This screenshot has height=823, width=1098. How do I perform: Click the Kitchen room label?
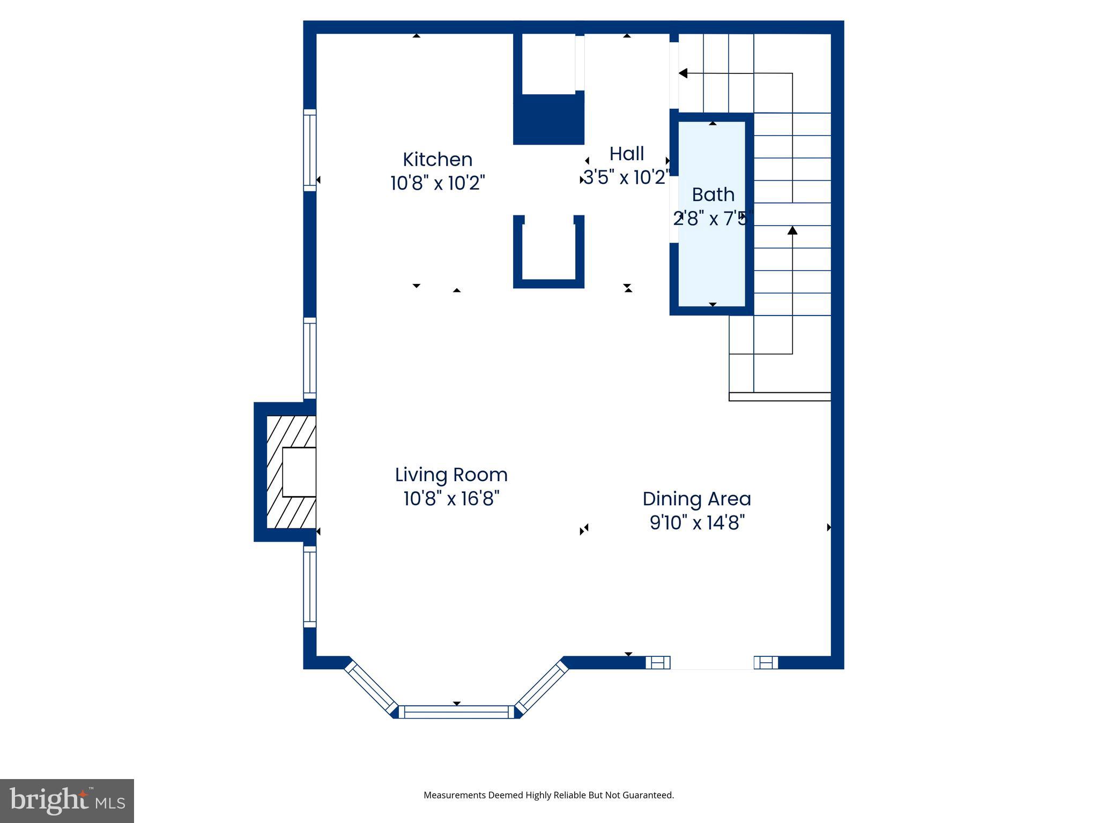pos(437,160)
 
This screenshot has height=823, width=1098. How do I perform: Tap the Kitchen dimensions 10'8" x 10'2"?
pos(437,183)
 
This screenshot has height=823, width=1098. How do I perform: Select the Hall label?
pos(626,154)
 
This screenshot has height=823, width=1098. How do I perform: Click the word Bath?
pos(713,195)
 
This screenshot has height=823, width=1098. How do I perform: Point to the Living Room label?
pos(451,475)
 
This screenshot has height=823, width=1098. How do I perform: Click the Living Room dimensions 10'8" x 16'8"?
pos(451,499)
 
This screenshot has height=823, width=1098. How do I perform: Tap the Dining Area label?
pos(696,499)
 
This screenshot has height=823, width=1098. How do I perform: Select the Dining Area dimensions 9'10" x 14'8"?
pos(696,522)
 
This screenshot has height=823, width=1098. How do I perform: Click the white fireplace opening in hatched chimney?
pos(299,472)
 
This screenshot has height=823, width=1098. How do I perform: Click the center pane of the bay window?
pos(456,712)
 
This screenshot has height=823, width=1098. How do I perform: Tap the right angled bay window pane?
pos(542,688)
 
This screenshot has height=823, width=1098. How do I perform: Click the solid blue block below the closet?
pos(548,119)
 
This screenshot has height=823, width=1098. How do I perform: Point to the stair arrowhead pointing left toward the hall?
pos(683,73)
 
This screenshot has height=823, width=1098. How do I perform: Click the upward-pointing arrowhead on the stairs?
pos(792,230)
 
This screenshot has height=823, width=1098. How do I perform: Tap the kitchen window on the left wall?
pos(309,150)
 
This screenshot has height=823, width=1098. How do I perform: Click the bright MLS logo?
pos(67,800)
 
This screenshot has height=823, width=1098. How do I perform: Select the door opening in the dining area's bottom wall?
pos(712,663)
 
